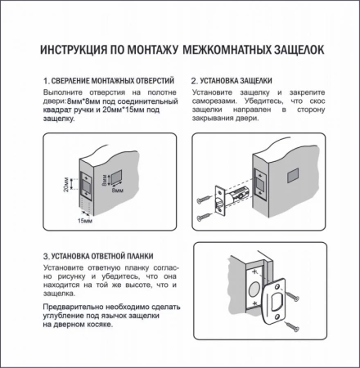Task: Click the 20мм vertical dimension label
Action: pos(66,185)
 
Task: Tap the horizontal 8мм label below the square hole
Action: pos(118,190)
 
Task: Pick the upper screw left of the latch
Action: pos(202,198)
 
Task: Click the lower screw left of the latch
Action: pos(202,217)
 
